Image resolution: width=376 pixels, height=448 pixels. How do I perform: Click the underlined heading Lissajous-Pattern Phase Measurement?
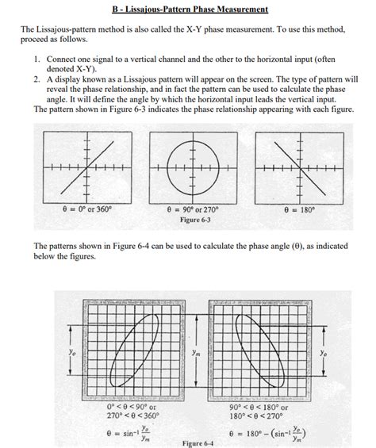[187, 10]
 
